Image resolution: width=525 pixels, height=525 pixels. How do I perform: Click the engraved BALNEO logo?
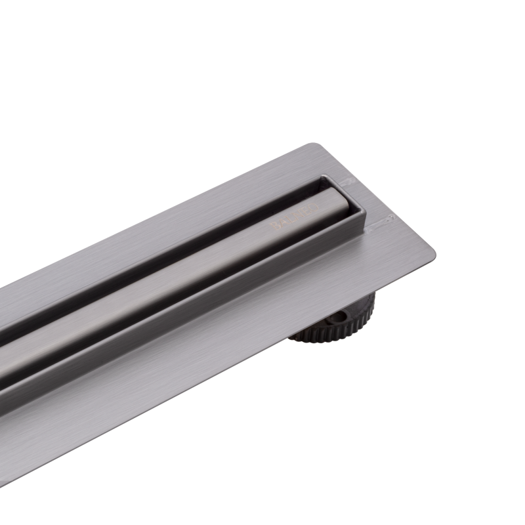click(295, 218)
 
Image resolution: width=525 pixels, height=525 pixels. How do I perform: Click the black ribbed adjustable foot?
click(335, 322)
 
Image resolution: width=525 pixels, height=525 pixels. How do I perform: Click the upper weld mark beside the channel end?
click(347, 180)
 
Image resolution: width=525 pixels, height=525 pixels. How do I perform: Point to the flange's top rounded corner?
click(314, 146)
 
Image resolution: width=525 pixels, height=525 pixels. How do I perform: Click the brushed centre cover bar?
click(197, 262)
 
